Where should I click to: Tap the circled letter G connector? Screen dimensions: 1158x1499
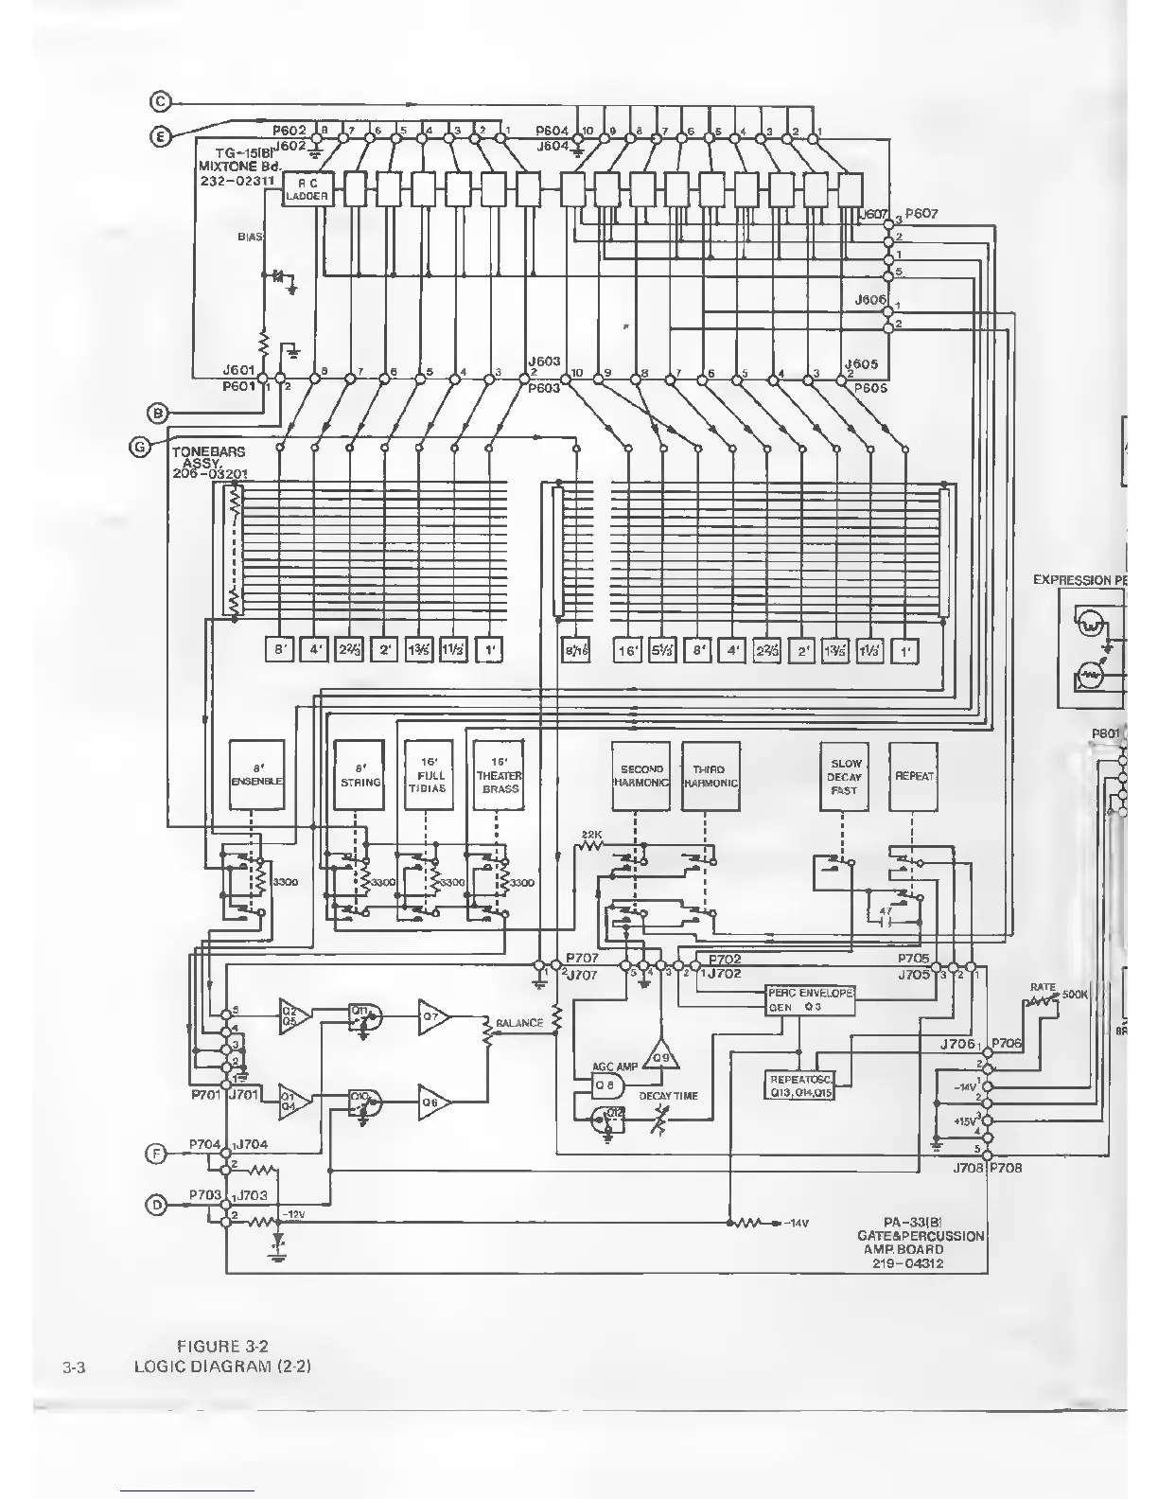point(139,448)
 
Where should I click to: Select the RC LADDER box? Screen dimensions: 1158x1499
point(307,189)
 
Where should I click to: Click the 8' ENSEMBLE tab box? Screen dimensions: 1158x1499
point(256,775)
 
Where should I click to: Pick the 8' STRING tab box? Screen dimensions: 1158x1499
point(360,775)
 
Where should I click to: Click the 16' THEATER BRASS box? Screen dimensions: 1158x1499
point(499,775)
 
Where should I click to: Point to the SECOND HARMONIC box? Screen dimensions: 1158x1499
point(640,775)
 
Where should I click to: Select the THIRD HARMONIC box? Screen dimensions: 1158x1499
point(709,775)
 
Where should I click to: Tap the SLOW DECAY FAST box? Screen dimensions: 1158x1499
point(844,775)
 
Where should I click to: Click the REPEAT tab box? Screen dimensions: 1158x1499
point(913,775)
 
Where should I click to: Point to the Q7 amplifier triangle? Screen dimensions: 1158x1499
point(432,1017)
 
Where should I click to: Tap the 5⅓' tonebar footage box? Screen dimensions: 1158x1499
point(662,651)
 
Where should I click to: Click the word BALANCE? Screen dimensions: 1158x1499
point(518,1023)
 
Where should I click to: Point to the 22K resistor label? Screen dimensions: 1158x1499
point(590,834)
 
